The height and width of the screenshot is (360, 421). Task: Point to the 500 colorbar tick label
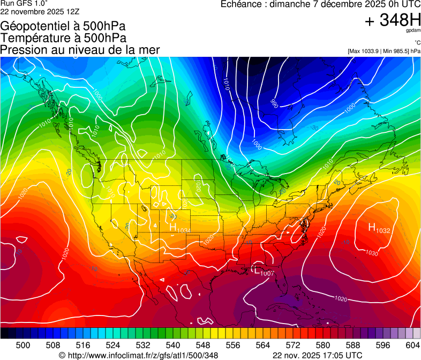[23, 346]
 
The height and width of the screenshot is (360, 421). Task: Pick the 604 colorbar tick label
[414, 346]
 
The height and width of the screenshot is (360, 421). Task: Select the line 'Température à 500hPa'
[63, 38]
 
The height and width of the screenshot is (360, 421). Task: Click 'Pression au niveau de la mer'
[80, 50]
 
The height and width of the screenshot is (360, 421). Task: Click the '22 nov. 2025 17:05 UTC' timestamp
[317, 355]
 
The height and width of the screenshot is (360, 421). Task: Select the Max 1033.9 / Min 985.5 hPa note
[384, 51]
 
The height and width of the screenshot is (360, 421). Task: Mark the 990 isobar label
[275, 102]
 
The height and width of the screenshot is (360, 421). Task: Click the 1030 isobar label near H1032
[371, 253]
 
